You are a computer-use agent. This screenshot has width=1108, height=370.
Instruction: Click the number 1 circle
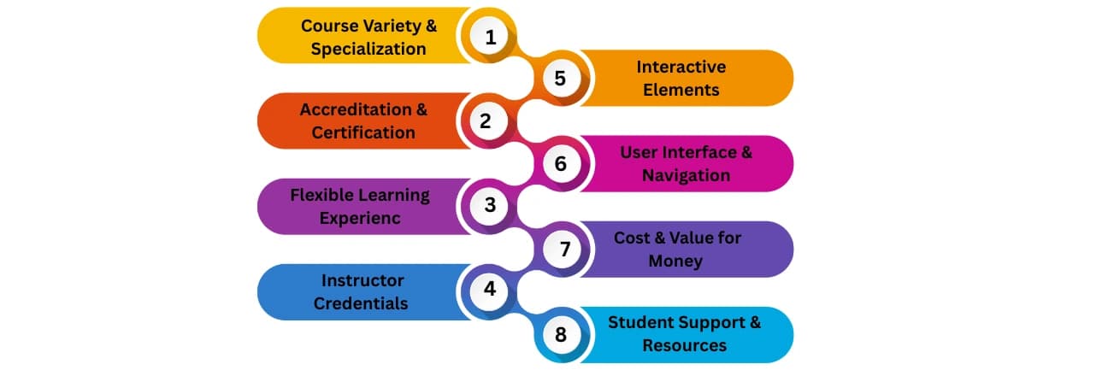coord(490,37)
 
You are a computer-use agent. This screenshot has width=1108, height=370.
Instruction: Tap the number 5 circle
coord(560,79)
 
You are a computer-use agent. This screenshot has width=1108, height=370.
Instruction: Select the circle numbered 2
coord(486,120)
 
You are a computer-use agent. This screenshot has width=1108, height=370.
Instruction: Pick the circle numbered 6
coord(560,162)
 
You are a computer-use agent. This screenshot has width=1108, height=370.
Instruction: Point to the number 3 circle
coord(490,205)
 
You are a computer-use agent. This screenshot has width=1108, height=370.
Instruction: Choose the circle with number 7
coord(564,249)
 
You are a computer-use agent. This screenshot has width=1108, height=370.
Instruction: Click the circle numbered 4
coord(490,289)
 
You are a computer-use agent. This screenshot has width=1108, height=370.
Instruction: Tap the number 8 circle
coord(560,333)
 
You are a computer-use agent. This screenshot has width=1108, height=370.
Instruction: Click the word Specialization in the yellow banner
coord(368,49)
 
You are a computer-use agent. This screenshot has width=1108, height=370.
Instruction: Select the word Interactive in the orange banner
coord(681,67)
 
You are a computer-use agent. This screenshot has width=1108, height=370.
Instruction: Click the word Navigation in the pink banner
coord(686,175)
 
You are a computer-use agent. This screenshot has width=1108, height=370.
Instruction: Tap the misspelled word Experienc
coord(359,218)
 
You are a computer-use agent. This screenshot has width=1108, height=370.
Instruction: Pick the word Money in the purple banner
coord(675,261)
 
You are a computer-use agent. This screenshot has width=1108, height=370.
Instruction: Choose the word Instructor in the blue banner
coord(362,280)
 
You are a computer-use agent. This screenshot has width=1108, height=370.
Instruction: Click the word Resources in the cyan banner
coord(684,345)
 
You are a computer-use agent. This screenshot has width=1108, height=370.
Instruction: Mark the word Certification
coord(363,132)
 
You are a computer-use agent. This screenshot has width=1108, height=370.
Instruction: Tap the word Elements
coord(681,89)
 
